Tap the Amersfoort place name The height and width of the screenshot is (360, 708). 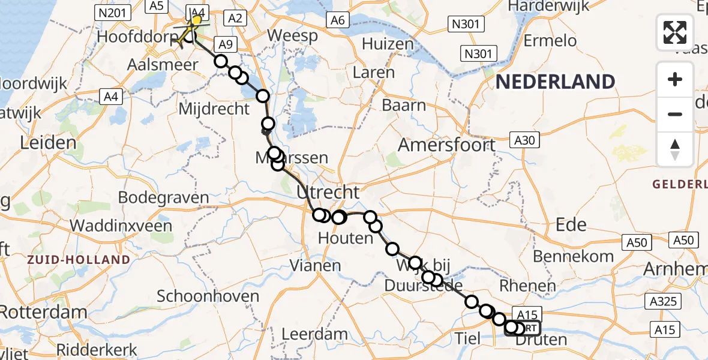[447, 145]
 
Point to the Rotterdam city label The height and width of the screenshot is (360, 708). [42, 313]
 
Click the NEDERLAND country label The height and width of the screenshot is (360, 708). [555, 82]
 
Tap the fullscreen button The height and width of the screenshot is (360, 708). [675, 32]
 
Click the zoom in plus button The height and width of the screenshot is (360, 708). [675, 79]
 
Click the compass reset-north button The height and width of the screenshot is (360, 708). [675, 149]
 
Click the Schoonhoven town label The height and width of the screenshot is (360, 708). [208, 296]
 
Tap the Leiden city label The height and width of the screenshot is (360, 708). [48, 143]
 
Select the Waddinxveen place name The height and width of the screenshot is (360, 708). [121, 226]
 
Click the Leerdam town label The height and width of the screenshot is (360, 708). [314, 334]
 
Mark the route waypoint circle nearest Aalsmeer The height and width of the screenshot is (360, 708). [221, 61]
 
